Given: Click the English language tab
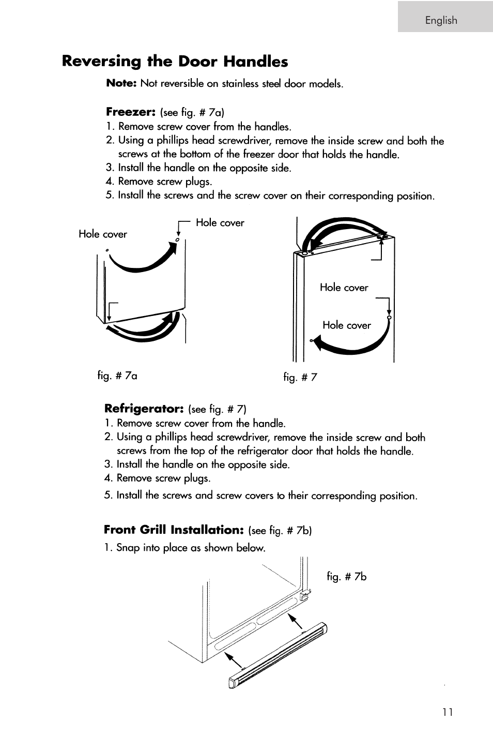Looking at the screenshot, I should tap(441, 20).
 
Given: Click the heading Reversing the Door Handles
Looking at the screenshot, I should tap(175, 62).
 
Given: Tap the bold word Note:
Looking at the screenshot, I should tap(121, 83).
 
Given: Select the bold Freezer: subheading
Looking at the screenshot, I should tap(131, 112).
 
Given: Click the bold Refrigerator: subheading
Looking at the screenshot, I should tap(144, 409).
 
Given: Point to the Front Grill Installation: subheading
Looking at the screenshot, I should tap(173, 530).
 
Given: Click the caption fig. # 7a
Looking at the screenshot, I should tap(117, 375).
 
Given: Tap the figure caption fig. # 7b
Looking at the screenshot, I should tap(346, 576).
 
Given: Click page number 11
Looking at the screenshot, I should tap(448, 712).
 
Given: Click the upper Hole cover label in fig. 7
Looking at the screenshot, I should tap(344, 288).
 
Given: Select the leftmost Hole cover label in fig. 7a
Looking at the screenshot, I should tap(102, 234).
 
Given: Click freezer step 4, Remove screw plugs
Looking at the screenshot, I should tap(164, 182).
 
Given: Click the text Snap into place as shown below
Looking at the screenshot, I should tap(190, 548).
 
